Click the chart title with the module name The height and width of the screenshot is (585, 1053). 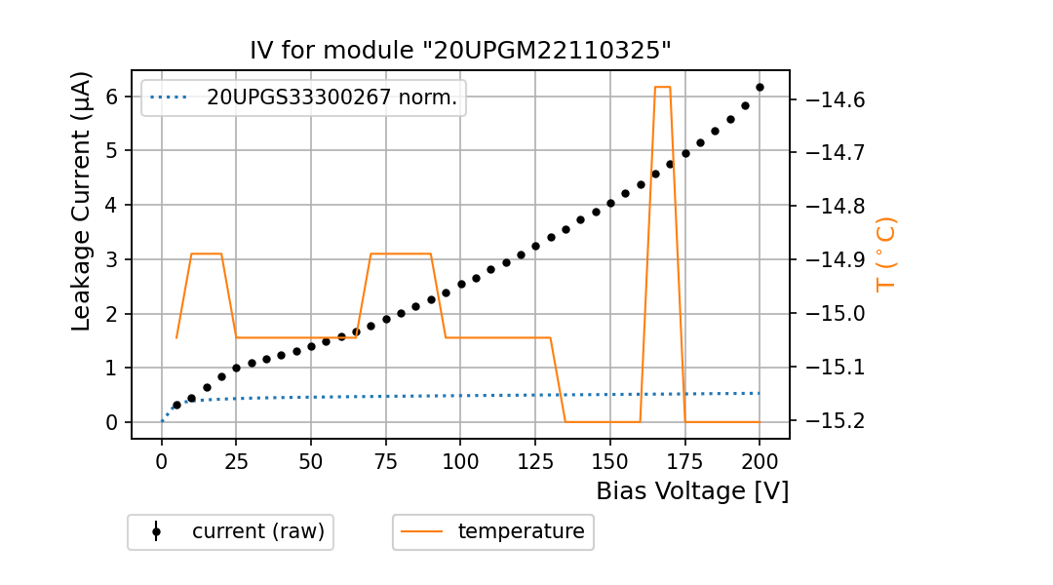(460, 51)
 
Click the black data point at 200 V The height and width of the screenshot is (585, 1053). (760, 87)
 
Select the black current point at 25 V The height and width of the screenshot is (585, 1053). (236, 368)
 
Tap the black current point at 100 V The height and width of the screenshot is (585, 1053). (461, 284)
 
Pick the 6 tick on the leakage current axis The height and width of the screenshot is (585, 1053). (112, 97)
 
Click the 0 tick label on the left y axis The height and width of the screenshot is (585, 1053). (112, 422)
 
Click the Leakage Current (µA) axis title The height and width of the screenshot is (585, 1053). (83, 202)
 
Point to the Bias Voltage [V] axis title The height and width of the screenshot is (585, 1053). (692, 490)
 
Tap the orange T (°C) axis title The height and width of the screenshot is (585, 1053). (885, 254)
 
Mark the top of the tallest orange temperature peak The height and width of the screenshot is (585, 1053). (662, 87)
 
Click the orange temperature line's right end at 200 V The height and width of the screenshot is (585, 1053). (760, 422)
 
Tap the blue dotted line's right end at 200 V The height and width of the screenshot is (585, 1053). (760, 393)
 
